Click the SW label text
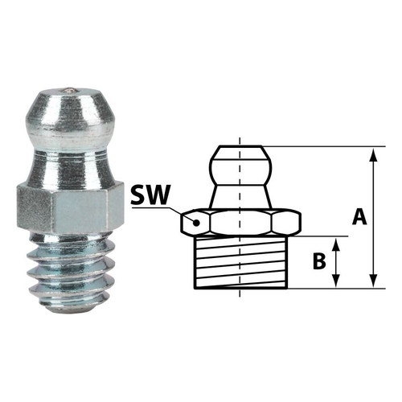pos(150,195)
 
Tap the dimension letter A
pos(359,217)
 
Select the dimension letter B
pos(319,261)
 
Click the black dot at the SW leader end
pos(197,223)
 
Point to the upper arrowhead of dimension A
pos(373,154)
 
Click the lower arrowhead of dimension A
pos(373,281)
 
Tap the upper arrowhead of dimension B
pos(336,244)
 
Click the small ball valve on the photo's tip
pos(69,91)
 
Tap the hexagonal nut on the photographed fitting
pos(70,207)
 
